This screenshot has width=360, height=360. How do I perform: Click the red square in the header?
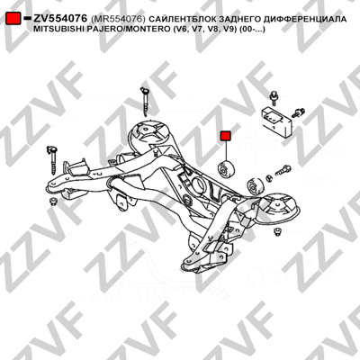(x=13, y=18)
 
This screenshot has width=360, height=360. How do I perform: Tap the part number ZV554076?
(x=60, y=19)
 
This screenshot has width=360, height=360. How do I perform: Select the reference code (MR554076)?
(x=118, y=19)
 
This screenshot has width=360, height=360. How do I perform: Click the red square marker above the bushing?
(x=225, y=136)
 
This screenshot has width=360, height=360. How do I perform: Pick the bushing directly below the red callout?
(x=227, y=169)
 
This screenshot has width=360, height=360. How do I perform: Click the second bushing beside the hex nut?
(x=255, y=186)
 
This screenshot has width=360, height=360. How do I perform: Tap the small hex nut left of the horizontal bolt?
(x=269, y=178)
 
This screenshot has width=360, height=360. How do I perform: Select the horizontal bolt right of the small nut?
(x=283, y=170)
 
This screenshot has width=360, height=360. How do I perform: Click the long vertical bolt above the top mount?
(x=145, y=102)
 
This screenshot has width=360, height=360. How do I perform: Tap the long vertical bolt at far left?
(x=52, y=159)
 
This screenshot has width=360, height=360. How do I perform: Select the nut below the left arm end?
(x=53, y=202)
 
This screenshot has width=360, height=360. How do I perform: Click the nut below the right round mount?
(x=277, y=232)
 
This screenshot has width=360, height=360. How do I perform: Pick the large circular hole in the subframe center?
(x=198, y=184)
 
